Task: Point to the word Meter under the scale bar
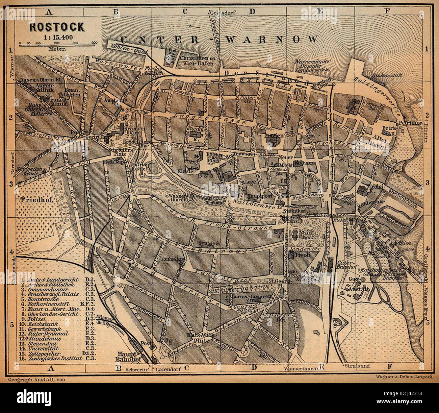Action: click(56, 49)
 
